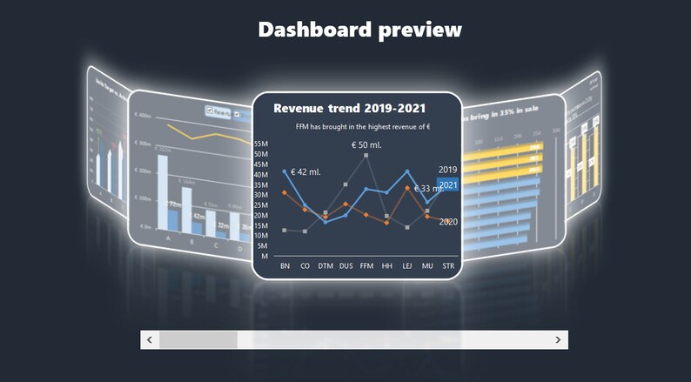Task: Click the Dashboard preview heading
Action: [x=359, y=30]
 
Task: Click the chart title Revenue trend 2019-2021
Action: [x=349, y=108]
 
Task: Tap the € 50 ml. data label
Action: [x=366, y=144]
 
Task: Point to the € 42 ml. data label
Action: [x=306, y=171]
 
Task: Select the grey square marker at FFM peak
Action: [x=366, y=155]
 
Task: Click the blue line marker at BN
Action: [x=285, y=171]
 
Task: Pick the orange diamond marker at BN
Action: [x=285, y=192]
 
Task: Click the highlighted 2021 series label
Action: [x=448, y=184]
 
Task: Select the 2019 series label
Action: [x=448, y=170]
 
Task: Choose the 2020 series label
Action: [x=448, y=222]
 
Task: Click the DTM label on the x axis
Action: [x=325, y=265]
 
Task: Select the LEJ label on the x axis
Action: [x=407, y=265]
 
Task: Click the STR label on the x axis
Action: [x=448, y=265]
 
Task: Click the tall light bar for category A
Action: [x=163, y=192]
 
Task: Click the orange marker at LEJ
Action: [x=407, y=188]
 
